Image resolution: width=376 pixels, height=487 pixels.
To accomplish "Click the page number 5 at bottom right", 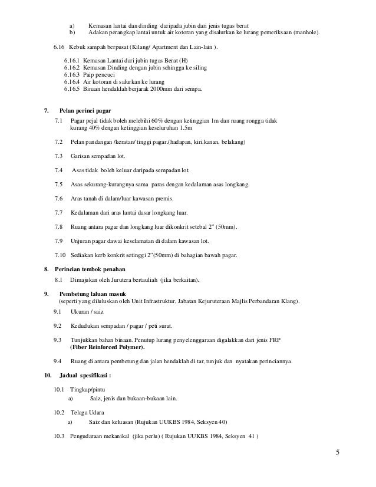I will point(338,453).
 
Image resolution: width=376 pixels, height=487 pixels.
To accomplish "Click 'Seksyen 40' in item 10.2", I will point(215,422).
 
